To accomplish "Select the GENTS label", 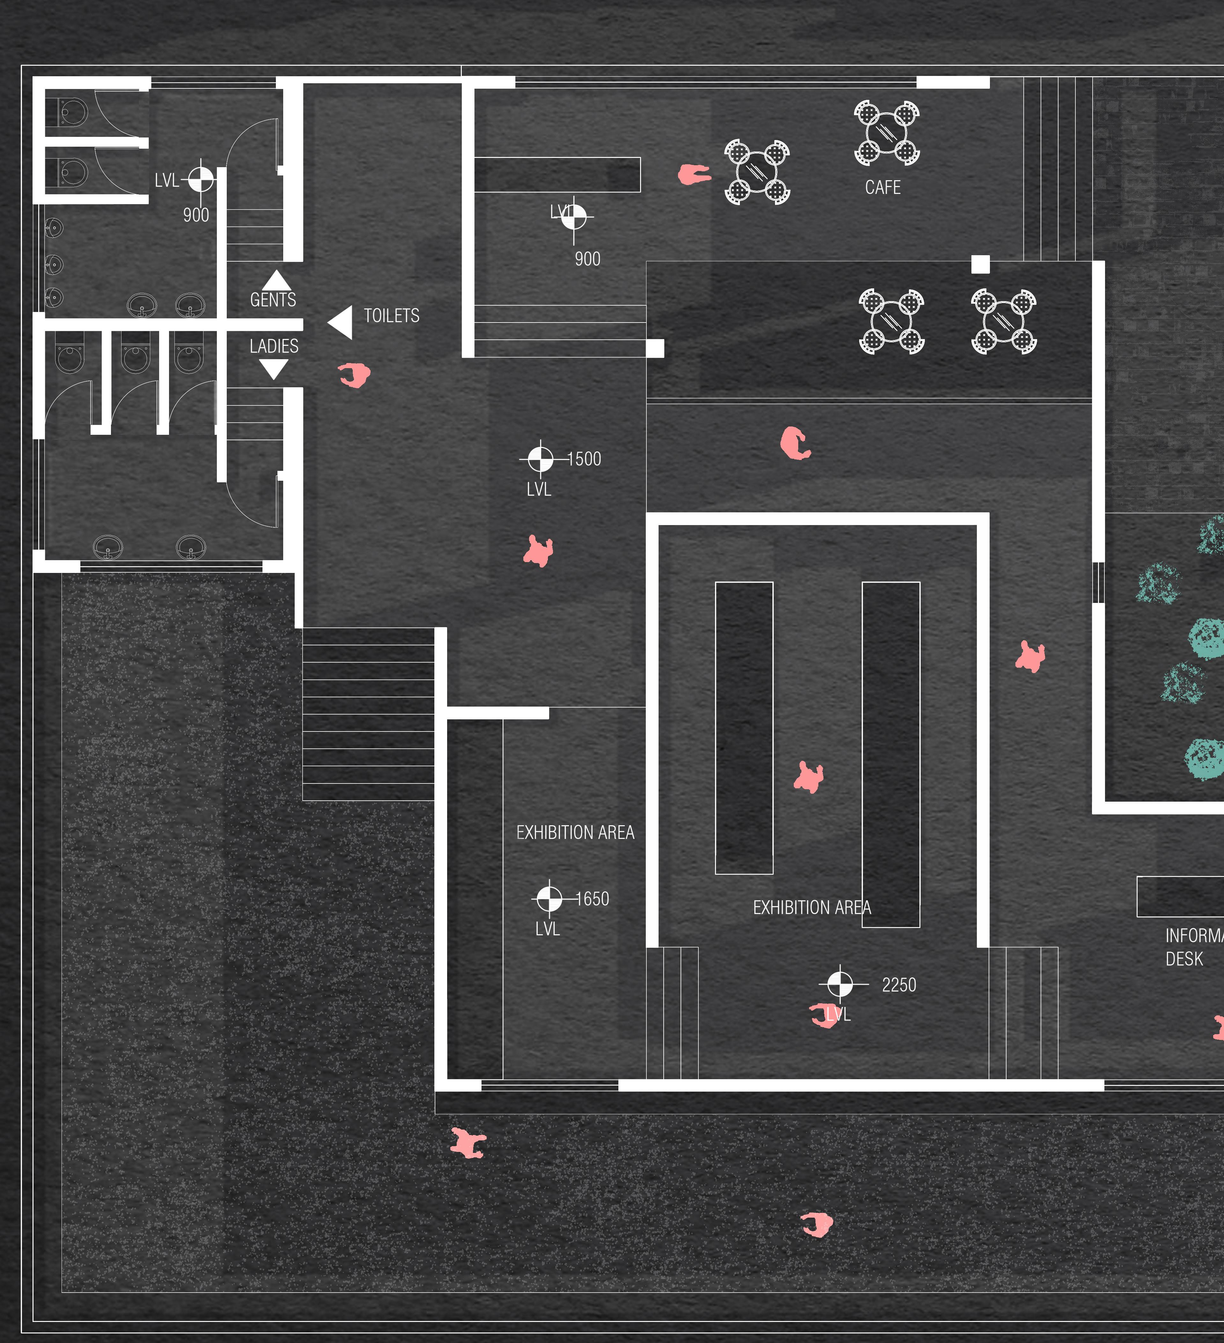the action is tap(273, 300).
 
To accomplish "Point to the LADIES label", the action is tap(274, 346).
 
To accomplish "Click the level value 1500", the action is tap(584, 459).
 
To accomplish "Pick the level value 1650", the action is tap(592, 899).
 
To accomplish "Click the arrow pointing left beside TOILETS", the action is tap(341, 323).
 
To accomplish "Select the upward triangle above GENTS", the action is tap(276, 280).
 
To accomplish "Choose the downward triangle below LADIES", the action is tap(273, 368).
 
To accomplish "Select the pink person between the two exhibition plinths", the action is tap(808, 777).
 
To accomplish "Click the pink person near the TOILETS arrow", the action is tap(354, 375).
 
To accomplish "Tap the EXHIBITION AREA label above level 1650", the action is tap(575, 833).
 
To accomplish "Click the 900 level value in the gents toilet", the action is tap(196, 215).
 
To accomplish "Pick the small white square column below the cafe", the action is tap(980, 264).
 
